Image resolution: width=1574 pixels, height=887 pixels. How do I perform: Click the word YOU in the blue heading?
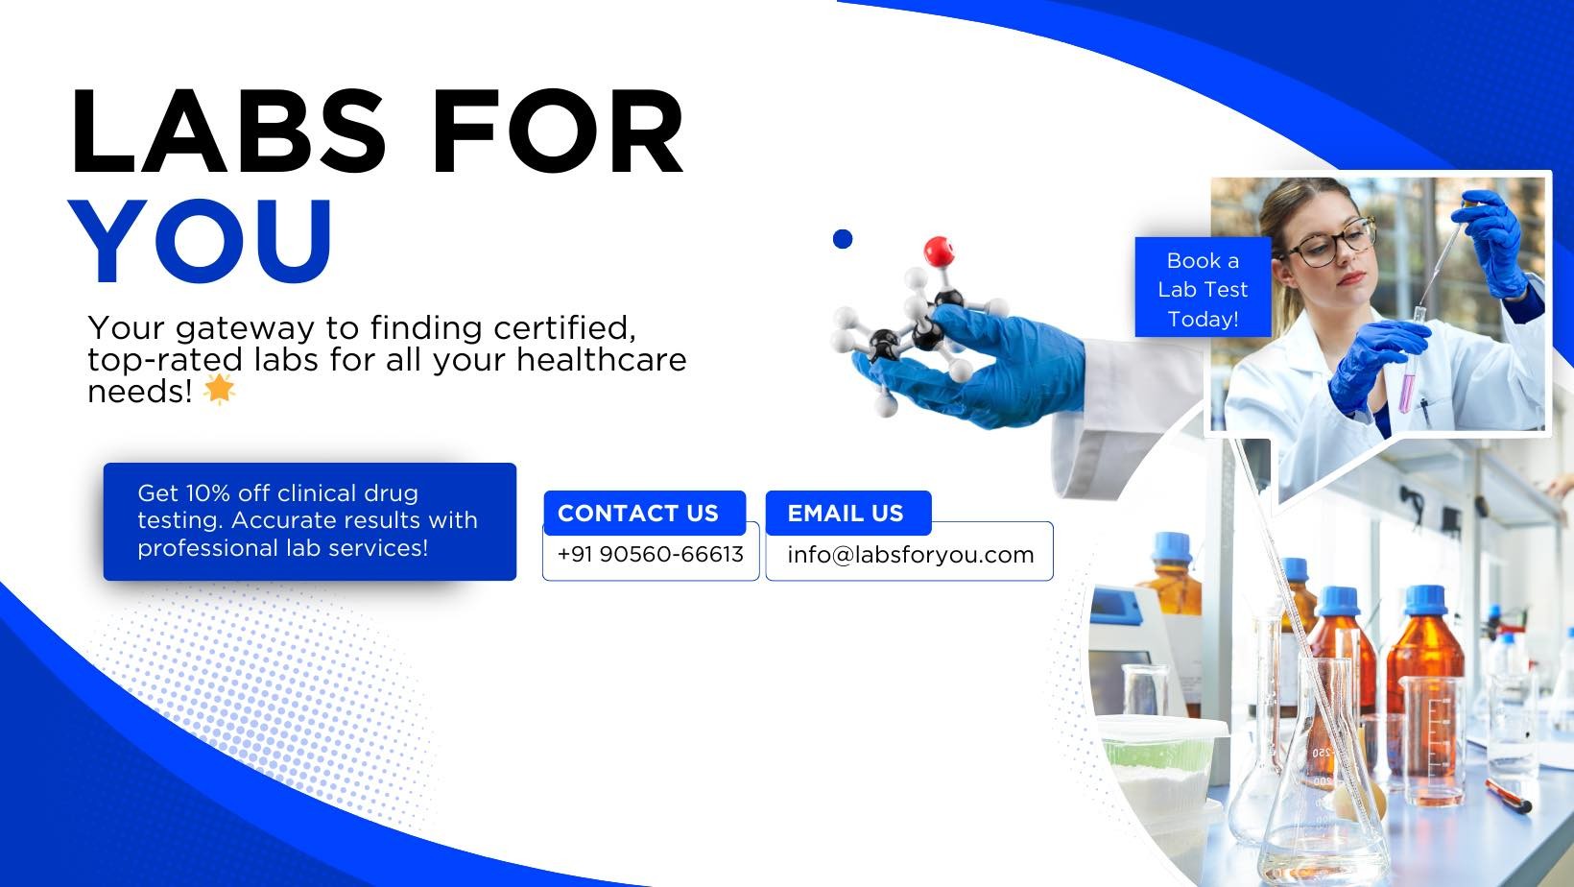pos(201,240)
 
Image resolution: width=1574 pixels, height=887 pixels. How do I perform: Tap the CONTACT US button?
pos(644,513)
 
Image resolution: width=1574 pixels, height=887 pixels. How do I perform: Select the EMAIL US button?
pos(848,513)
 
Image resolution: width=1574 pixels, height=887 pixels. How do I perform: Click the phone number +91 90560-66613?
pos(650,555)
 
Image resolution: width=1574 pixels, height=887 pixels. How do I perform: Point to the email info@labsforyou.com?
pos(910,555)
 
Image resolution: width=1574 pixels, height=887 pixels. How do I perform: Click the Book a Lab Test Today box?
pos(1203,288)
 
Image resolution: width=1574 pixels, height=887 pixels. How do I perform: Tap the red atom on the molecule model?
pos(939,251)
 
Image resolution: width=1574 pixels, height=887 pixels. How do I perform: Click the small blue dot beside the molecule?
pos(843,239)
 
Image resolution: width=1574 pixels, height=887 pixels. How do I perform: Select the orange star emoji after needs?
pos(219,390)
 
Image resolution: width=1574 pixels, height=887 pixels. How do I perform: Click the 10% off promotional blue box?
pos(310,521)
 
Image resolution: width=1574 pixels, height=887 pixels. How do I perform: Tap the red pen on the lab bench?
pos(1508,797)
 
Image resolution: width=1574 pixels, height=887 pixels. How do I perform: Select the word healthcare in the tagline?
pos(602,359)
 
